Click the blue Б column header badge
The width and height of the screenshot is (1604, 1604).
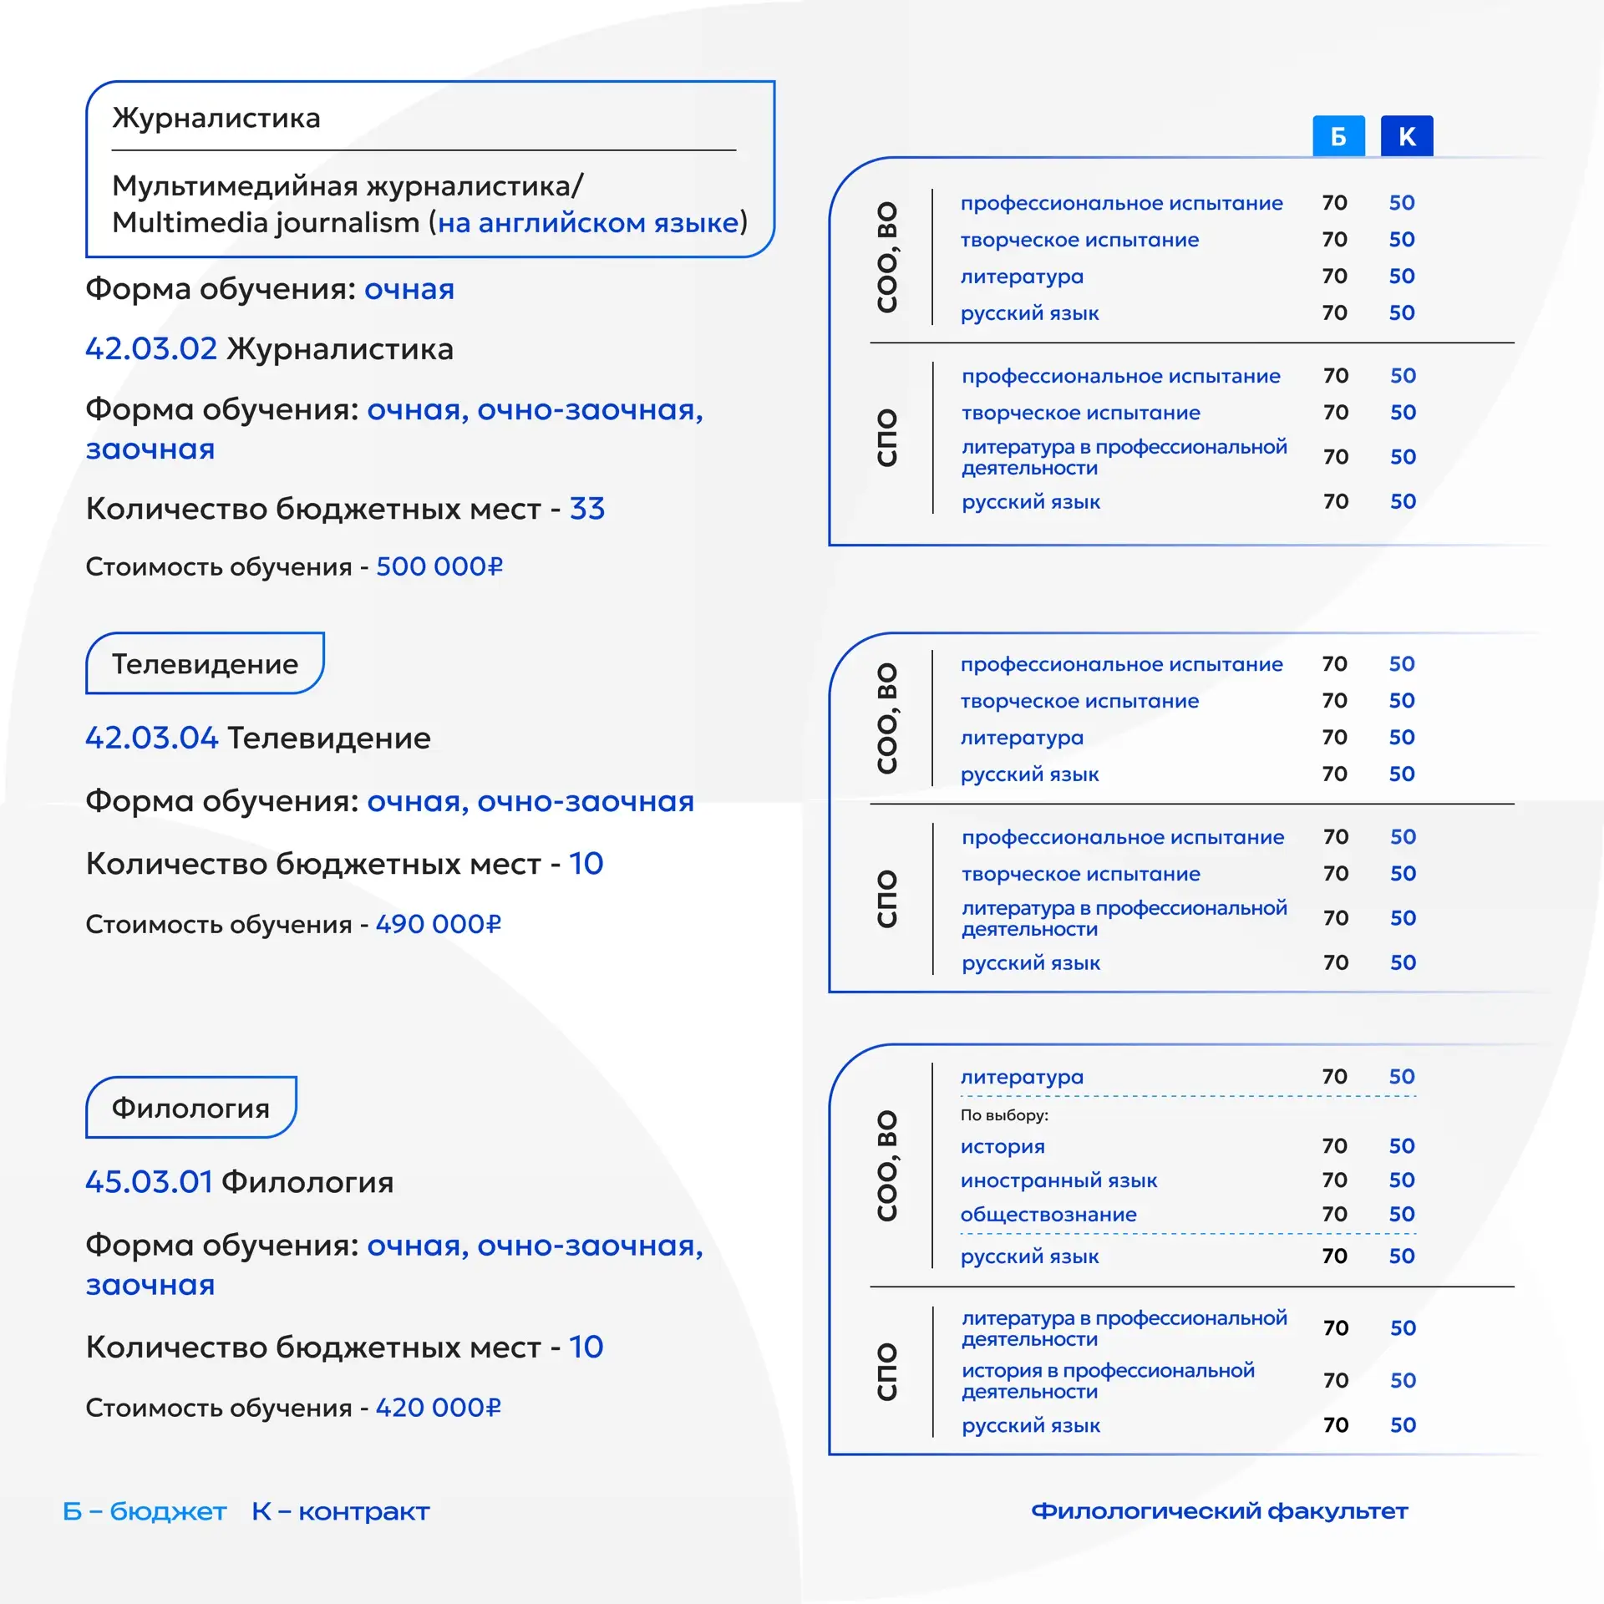tap(1338, 136)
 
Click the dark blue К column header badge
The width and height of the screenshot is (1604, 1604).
tap(1407, 136)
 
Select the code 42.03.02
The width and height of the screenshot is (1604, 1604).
tap(151, 348)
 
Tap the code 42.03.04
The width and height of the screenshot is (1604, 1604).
tap(151, 738)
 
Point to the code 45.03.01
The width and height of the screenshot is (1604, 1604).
tap(149, 1182)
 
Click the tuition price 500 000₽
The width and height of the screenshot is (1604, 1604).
tap(439, 566)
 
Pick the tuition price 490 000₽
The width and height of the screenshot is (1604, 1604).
tap(439, 924)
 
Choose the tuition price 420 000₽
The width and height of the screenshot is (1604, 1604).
tap(439, 1408)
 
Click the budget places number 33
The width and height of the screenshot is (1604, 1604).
tap(587, 508)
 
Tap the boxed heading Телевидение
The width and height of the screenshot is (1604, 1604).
tap(205, 663)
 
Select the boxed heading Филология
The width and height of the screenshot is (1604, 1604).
tap(190, 1108)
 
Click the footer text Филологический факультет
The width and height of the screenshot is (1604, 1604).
tap(1219, 1511)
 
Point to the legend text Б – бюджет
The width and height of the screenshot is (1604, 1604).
tap(145, 1511)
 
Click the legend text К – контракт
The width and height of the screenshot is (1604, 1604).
tap(340, 1511)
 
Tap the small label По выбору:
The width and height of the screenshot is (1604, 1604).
tap(1004, 1115)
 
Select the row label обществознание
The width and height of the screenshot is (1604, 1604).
tap(1048, 1215)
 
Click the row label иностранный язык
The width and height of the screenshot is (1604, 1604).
tap(1058, 1180)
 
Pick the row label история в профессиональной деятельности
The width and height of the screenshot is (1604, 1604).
tap(1108, 1381)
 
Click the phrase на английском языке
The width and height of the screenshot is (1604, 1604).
tap(588, 223)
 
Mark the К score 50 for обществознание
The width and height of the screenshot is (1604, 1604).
tap(1402, 1215)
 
